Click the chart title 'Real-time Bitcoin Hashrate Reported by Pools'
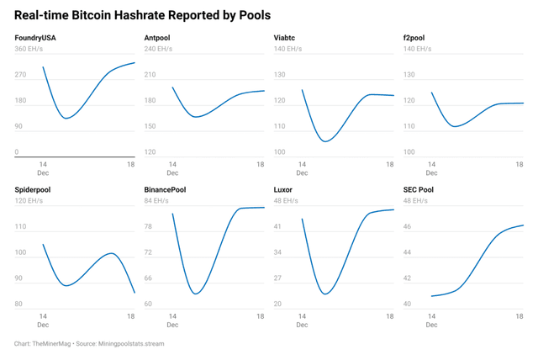point(142,16)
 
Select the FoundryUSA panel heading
point(34,39)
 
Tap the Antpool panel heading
point(159,39)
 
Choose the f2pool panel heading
point(418,39)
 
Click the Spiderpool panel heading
point(33,190)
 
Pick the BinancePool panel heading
point(165,190)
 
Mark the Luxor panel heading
point(283,190)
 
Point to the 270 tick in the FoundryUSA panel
point(21,75)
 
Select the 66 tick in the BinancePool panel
point(149,278)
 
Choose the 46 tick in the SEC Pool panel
point(408,226)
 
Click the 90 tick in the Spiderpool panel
point(19,278)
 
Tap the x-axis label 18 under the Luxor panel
point(390,316)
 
